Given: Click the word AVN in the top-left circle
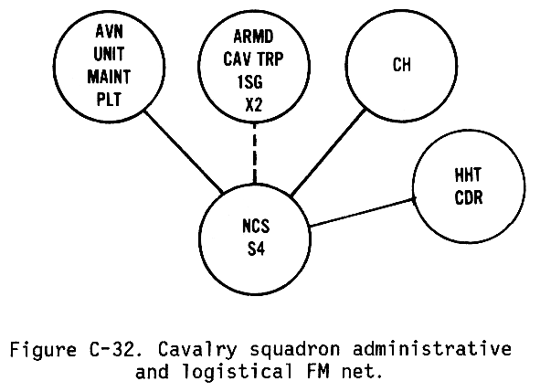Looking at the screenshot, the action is (109, 31).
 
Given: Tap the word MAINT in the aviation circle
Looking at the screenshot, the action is (109, 77).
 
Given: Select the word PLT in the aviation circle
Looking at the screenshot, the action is (109, 100).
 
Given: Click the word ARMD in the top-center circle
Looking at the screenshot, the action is (253, 37).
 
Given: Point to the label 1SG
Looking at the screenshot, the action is (250, 82).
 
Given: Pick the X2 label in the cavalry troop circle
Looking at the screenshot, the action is (254, 104).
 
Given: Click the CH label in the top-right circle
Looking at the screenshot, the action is (401, 64).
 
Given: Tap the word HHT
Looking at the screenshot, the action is (468, 175).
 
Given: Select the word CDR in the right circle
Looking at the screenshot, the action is (469, 197).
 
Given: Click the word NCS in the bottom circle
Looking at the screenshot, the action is (256, 227).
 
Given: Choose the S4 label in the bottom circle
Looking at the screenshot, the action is (256, 249).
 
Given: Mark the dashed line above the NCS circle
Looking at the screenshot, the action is (255, 153).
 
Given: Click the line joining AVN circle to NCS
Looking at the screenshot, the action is (184, 152).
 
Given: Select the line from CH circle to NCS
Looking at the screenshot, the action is (328, 154).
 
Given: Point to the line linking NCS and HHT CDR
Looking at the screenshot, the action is (362, 212).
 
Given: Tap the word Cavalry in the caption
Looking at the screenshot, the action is (197, 351).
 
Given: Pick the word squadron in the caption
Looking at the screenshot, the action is (295, 351).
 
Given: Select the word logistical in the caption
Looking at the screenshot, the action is (238, 372).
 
